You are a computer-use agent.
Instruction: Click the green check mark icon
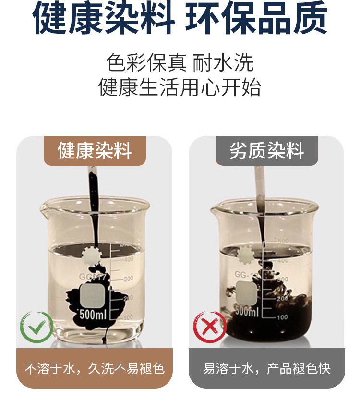36,327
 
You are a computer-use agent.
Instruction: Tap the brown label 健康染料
95,150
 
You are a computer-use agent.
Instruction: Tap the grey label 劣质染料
266,150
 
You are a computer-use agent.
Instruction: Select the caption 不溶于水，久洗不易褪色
95,369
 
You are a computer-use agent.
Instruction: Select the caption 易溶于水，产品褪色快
266,369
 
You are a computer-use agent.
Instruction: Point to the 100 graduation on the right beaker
282,317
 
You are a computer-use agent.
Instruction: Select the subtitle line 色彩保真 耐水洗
180,63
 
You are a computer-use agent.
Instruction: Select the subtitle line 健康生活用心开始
180,88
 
